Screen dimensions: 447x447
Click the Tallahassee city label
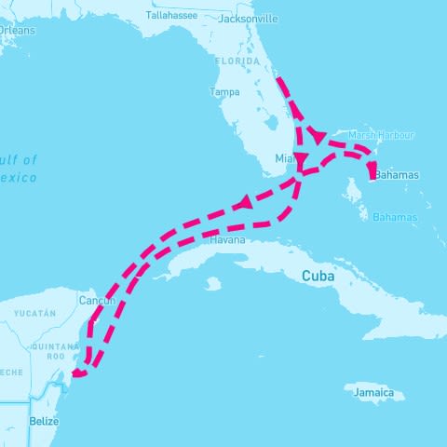click(x=172, y=15)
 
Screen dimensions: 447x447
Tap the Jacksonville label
click(x=248, y=18)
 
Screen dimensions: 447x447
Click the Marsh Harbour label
click(x=381, y=135)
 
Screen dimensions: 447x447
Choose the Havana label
click(x=227, y=239)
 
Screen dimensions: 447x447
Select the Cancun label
click(x=97, y=301)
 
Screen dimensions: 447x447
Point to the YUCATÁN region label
click(x=36, y=313)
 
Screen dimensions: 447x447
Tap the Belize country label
click(x=44, y=421)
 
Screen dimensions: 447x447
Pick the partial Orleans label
click(x=16, y=30)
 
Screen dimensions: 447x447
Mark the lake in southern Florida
click(x=273, y=122)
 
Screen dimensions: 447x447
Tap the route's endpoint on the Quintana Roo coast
click(x=77, y=372)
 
